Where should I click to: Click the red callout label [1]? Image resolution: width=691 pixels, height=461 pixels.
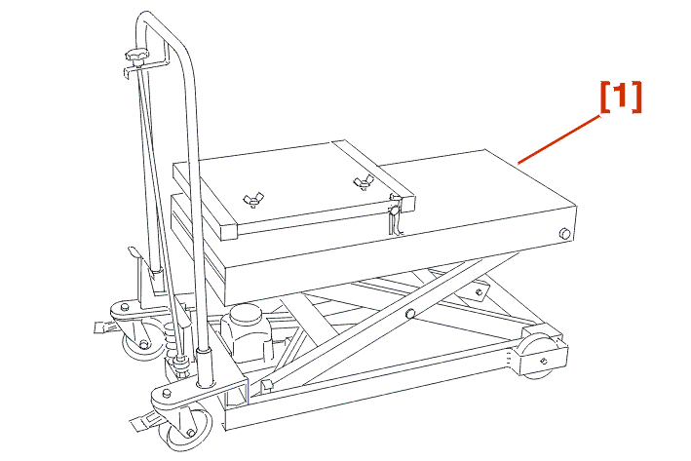(x=621, y=96)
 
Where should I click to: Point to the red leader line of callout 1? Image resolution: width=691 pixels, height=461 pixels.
(x=558, y=139)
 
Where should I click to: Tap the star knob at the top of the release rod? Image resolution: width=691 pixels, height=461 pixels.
(x=137, y=56)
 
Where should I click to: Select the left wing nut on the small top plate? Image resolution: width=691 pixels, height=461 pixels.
(x=253, y=200)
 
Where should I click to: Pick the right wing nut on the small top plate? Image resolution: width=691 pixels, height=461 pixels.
(x=364, y=181)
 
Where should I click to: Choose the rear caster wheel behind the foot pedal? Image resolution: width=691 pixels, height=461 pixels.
(x=141, y=339)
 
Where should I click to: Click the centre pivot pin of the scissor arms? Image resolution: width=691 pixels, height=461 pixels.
(x=410, y=314)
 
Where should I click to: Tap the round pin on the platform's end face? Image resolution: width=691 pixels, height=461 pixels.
(x=564, y=234)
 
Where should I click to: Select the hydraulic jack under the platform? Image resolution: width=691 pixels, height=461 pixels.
(x=246, y=332)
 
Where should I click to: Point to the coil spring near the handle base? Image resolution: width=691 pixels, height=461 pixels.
(x=173, y=341)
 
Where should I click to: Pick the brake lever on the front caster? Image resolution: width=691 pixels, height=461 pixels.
(x=145, y=422)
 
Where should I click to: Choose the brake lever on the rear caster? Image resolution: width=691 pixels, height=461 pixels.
(x=105, y=327)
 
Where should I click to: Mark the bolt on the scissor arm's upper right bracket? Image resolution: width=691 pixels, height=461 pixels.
(x=480, y=292)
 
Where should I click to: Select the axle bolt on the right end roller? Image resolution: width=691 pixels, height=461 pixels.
(x=544, y=362)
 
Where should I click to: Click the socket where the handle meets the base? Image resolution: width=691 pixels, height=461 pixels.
(x=204, y=368)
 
